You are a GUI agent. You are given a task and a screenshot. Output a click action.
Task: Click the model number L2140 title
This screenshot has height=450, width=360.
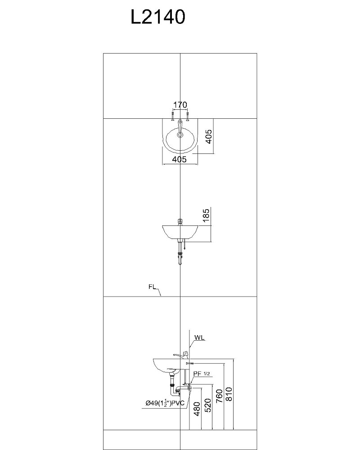tap(157, 17)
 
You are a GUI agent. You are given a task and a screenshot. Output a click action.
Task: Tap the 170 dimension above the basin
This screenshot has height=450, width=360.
tap(180, 105)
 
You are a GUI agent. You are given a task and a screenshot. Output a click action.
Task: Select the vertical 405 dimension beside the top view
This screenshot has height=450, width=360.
tap(209, 137)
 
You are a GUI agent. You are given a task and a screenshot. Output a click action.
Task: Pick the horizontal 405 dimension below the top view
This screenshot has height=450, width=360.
tap(180, 159)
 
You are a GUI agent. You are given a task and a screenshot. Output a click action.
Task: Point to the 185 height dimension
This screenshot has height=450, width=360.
tap(206, 216)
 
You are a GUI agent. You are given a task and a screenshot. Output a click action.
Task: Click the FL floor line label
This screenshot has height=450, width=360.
tap(152, 287)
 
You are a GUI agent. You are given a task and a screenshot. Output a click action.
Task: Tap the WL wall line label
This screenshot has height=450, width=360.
tap(199, 337)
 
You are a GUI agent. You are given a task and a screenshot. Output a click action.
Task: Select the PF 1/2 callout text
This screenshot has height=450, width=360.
tap(202, 373)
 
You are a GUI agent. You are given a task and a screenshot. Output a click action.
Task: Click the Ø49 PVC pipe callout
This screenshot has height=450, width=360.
tap(165, 403)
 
